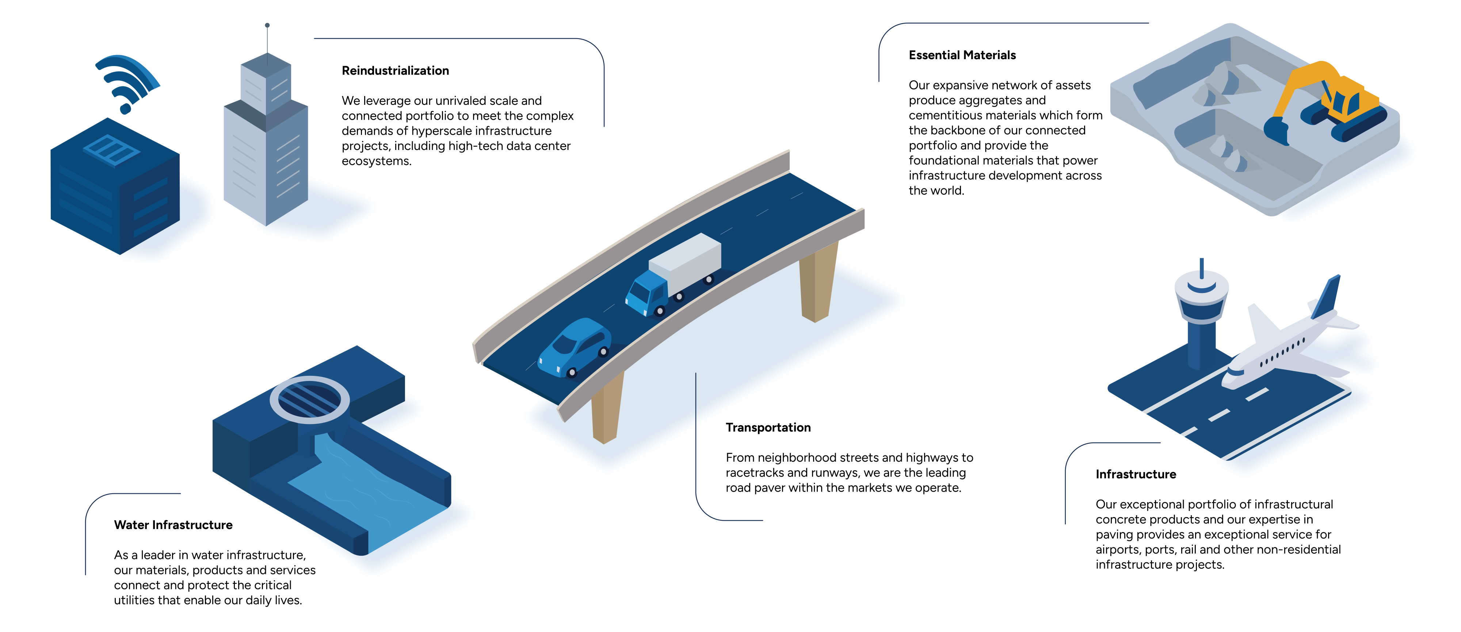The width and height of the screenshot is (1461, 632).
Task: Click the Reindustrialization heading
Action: coord(395,71)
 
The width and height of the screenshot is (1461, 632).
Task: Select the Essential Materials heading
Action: coord(962,55)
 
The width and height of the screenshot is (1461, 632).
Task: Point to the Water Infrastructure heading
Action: coord(173,525)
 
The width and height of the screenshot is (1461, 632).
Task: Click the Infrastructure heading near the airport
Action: coord(1136,474)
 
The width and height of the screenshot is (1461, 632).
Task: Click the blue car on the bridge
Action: coord(574,347)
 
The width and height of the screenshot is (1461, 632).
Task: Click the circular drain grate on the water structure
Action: coord(310,400)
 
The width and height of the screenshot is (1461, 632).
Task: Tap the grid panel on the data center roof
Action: coord(112,150)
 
